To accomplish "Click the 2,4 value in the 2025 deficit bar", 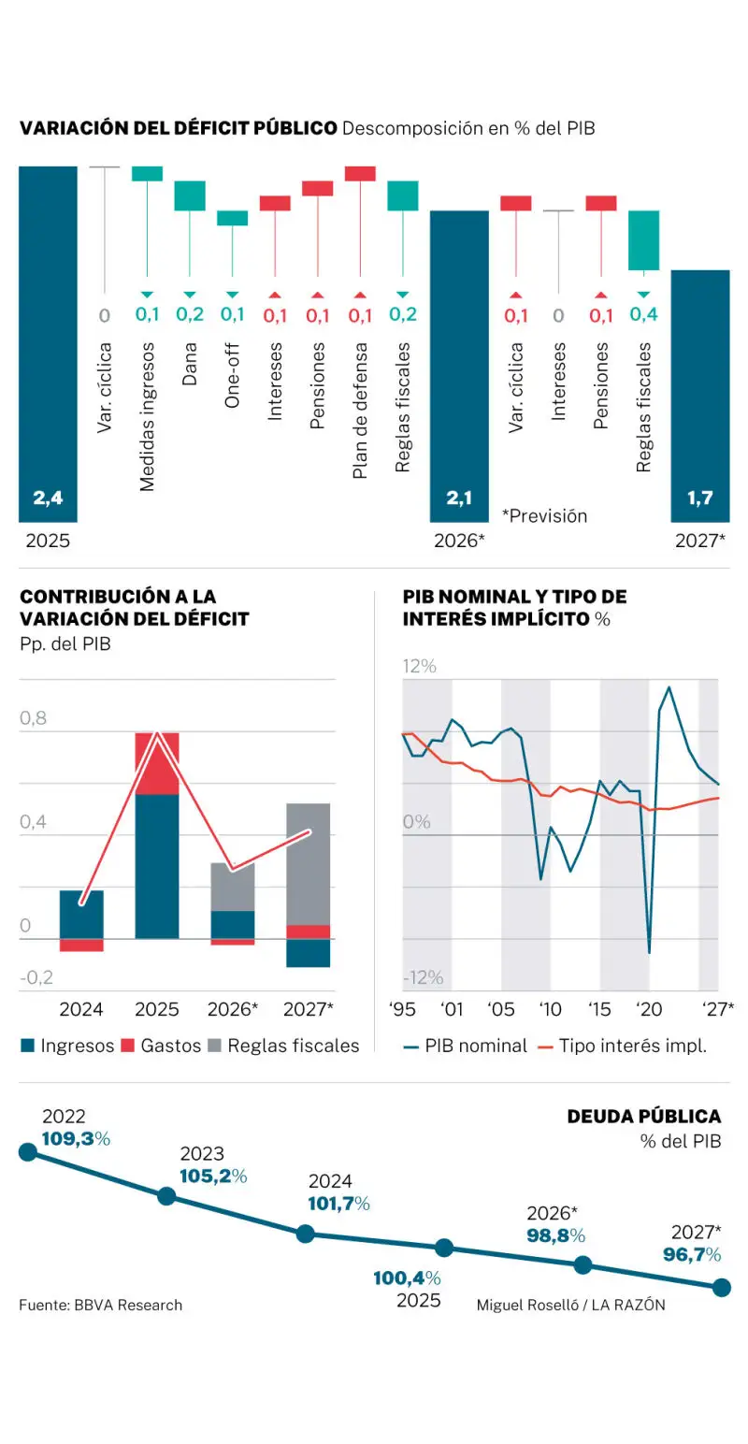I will (48, 498).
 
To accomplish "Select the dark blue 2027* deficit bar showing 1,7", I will (699, 393).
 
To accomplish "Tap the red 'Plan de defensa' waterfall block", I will (360, 173).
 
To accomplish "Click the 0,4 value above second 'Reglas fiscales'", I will (643, 314).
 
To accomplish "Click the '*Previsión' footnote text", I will (544, 515).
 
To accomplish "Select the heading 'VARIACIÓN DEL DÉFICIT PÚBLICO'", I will (178, 128).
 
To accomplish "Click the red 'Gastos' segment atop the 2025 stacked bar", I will (157, 762).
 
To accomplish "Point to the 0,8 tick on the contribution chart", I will (33, 719).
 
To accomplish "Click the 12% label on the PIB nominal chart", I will (420, 667).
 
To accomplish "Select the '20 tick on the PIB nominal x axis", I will (648, 1010).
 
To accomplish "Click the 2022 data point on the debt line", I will (28, 1151).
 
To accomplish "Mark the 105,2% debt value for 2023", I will (212, 1176).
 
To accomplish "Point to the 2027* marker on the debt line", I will (721, 1288).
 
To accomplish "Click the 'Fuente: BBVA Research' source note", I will (101, 1305).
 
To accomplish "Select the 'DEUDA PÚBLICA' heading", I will (644, 1116).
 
